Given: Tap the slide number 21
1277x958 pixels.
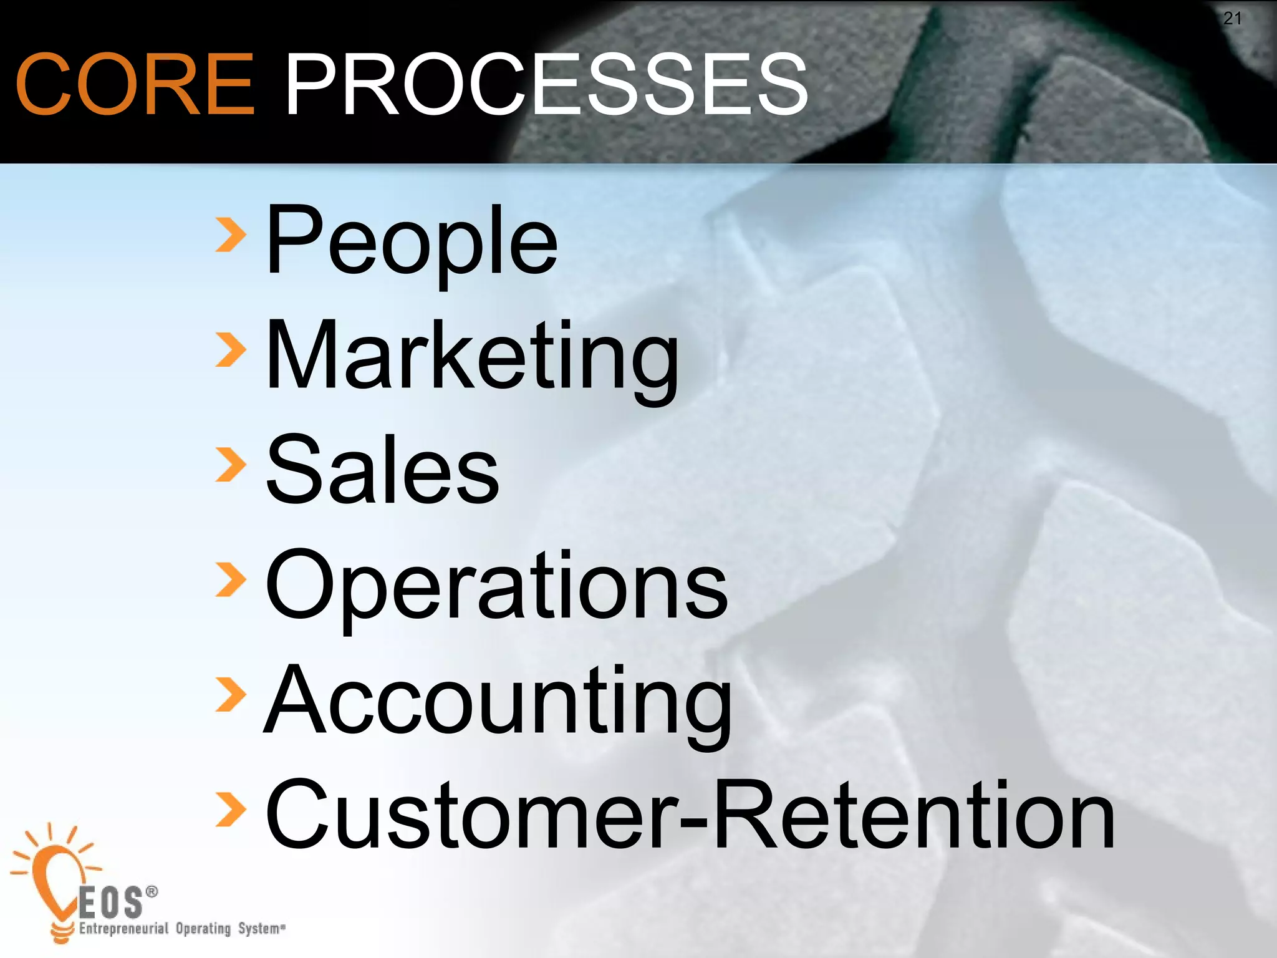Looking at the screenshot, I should point(1232,19).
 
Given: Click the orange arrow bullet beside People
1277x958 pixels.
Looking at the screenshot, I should point(230,235).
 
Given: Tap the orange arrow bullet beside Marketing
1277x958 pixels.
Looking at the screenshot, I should point(230,350).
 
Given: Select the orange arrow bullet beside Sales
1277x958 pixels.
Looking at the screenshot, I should point(230,465).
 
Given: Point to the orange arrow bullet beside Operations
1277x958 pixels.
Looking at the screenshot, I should point(230,579).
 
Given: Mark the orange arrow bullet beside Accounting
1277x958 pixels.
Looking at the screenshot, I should point(230,694).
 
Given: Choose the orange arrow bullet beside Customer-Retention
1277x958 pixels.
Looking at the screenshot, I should point(230,809).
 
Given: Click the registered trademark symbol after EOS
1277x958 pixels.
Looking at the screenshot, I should point(152,893).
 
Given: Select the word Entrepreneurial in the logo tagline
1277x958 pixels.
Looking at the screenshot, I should point(123,929).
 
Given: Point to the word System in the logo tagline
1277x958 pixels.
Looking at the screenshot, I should point(259,929).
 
